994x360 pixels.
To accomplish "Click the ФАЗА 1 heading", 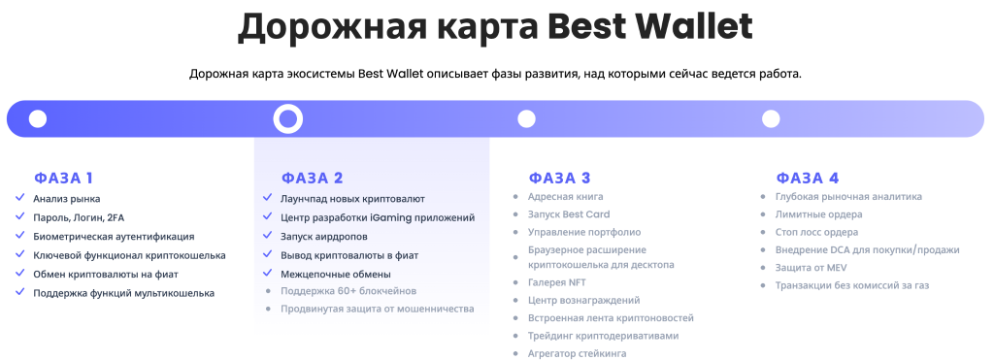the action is click(63, 179).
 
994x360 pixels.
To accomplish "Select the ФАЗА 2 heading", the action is click(312, 179).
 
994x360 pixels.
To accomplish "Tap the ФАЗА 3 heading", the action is click(560, 179).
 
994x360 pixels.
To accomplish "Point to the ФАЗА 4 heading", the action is click(808, 179).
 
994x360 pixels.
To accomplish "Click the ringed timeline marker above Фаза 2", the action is click(287, 107).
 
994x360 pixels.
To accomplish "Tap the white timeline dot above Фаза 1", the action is click(38, 118).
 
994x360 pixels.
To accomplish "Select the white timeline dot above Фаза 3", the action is click(526, 118).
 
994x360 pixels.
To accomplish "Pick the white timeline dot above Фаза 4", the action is click(771, 118).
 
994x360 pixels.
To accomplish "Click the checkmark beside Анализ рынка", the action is click(20, 198).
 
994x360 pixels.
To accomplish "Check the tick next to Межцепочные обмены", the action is click(268, 274).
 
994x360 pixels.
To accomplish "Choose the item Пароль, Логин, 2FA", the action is click(79, 217).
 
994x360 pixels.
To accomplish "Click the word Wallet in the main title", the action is click(694, 26).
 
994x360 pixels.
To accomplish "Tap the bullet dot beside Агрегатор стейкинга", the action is click(515, 353).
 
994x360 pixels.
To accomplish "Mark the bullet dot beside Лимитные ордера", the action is click(763, 214).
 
